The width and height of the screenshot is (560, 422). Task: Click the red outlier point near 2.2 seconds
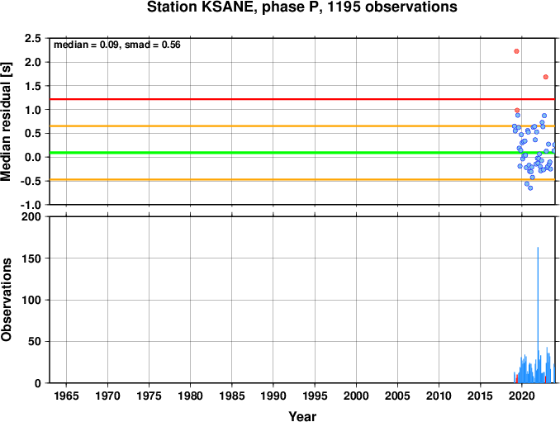click(516, 51)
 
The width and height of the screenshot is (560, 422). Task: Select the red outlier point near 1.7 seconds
click(545, 77)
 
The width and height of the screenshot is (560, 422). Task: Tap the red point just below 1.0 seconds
click(517, 111)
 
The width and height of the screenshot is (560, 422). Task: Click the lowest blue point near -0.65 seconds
click(530, 187)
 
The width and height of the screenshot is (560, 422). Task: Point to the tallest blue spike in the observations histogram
click(538, 315)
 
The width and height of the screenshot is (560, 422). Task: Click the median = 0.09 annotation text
click(86, 45)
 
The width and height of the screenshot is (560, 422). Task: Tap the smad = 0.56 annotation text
click(153, 45)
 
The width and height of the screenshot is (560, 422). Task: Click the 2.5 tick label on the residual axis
click(32, 38)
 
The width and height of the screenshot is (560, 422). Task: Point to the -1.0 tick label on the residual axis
click(31, 205)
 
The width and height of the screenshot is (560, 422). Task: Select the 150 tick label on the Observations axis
click(31, 258)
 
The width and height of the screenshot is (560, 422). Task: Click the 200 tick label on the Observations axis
click(31, 216)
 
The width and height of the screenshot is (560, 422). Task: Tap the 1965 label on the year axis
click(66, 396)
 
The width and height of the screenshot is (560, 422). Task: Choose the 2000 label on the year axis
click(356, 396)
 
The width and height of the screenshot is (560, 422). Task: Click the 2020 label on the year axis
click(522, 396)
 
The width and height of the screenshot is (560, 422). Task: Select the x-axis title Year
click(302, 416)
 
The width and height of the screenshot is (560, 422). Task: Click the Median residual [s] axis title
click(6, 121)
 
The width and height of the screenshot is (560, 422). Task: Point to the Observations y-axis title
click(6, 300)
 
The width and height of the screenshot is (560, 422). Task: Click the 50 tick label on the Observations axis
click(35, 342)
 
